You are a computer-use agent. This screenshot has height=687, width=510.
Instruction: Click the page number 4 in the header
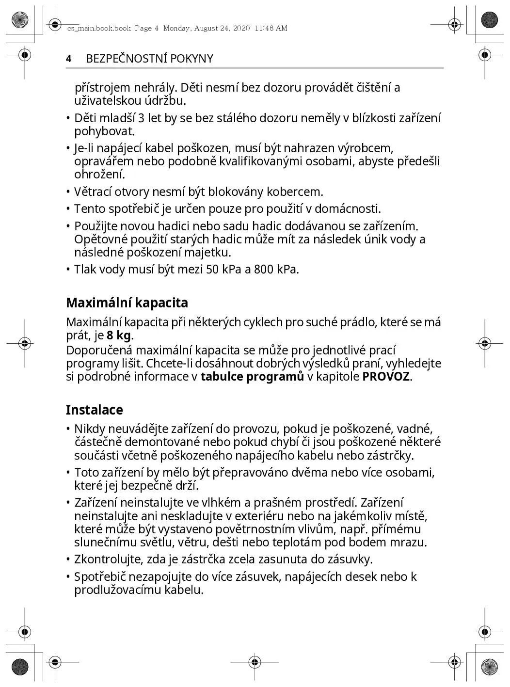pyautogui.click(x=69, y=59)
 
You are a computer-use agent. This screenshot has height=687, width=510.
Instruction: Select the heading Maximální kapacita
pyautogui.click(x=127, y=303)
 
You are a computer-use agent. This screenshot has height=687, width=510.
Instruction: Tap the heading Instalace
pyautogui.click(x=95, y=410)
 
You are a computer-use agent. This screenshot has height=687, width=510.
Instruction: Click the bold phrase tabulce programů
pyautogui.click(x=252, y=377)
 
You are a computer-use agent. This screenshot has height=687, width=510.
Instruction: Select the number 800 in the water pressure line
pyautogui.click(x=264, y=270)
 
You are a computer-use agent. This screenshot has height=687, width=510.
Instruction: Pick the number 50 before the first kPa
pyautogui.click(x=212, y=270)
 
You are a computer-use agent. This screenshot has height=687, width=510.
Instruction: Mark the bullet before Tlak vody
pyautogui.click(x=69, y=270)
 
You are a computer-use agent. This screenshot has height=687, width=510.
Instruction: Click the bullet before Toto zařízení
pyautogui.click(x=69, y=473)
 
